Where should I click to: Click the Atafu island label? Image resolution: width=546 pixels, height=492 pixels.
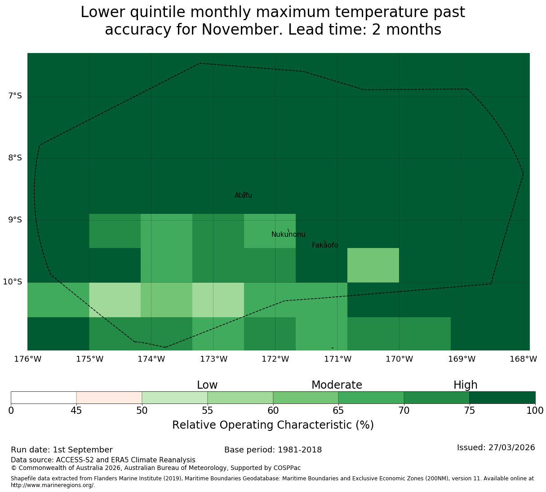coord(243,195)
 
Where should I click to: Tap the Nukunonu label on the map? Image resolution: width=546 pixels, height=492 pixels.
coord(288,234)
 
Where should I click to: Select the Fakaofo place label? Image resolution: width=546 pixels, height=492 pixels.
coord(325,245)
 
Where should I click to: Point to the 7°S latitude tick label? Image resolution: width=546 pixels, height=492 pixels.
coord(15,96)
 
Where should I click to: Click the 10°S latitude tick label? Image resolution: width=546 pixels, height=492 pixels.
coord(12,282)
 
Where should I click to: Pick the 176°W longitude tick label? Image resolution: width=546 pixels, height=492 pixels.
coord(27,359)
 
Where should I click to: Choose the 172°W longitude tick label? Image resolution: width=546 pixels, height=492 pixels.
coord(275,359)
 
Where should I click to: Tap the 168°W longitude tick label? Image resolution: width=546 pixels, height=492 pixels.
coord(523,359)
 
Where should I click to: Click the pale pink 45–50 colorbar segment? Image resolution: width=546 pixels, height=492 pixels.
coord(109,398)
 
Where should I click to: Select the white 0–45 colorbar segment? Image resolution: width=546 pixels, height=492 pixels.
coord(44,398)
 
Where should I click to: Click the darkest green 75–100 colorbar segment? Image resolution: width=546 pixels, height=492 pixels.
coord(502,398)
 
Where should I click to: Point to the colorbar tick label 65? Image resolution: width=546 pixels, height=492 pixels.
coord(338,410)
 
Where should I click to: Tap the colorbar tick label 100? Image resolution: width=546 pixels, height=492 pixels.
coord(535,410)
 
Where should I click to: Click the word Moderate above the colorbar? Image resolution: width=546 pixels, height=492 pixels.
coord(337,385)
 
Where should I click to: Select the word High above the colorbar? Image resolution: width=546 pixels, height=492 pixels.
coord(465,385)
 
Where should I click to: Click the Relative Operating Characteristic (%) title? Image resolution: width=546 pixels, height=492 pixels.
coord(273,425)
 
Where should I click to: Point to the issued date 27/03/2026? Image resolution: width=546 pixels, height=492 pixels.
coord(512,448)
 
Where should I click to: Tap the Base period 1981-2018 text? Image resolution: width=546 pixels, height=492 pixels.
coord(273,450)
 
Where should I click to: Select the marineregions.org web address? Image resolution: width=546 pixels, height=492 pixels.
coord(53,485)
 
